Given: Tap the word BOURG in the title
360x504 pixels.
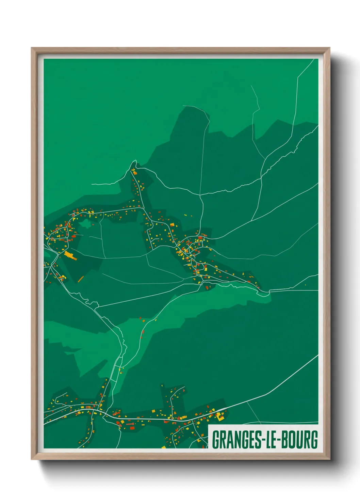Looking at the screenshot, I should [x=301, y=440].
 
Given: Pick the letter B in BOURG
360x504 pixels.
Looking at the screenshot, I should [x=285, y=440].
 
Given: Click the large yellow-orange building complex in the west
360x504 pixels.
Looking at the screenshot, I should [x=70, y=255].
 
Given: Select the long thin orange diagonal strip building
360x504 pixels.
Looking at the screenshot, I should [x=81, y=279].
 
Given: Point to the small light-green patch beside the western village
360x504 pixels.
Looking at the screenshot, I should [x=85, y=224].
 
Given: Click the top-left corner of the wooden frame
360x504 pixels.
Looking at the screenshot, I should [x=32, y=48].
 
